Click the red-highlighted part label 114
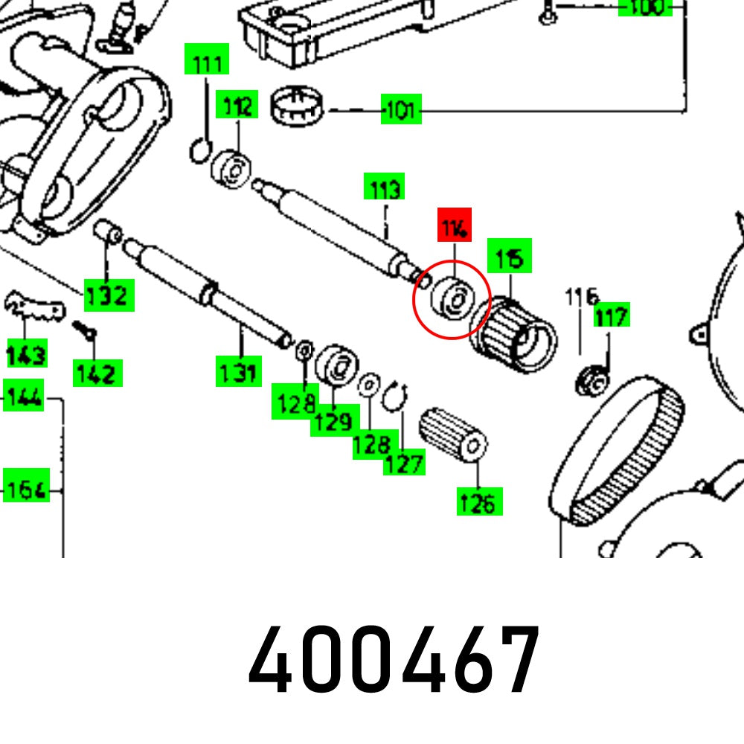pos(455,225)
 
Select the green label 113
pos(384,188)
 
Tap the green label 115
pos(509,257)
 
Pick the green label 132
pos(109,296)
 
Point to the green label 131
pos(239,371)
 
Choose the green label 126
pos(478,502)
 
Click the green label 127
pos(404,463)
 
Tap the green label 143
pos(27,353)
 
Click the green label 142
pos(97,372)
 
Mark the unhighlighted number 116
pos(580,298)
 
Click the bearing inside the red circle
pos(452,299)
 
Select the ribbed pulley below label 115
pos(513,334)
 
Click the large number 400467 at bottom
pos(394,661)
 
